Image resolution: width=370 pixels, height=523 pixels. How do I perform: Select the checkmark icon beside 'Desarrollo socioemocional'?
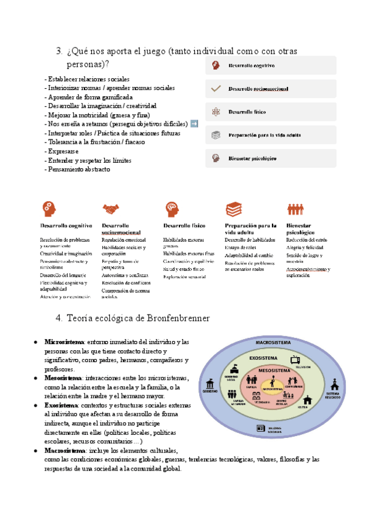[x=216, y=89]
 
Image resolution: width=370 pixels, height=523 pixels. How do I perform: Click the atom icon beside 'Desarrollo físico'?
[x=216, y=112]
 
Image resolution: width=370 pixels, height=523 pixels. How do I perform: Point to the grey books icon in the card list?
[x=216, y=135]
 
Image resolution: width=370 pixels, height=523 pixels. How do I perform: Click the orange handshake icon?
[x=111, y=209]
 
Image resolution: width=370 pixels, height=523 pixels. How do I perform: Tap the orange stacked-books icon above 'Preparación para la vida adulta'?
[x=233, y=209]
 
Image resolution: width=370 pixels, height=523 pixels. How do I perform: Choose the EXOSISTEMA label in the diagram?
[x=263, y=357]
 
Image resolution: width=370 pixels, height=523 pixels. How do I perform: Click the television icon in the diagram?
[x=296, y=359]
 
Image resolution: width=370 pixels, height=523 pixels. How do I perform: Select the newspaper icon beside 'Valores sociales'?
[x=260, y=428]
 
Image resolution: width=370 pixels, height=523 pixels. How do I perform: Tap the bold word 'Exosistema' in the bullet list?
[x=61, y=405]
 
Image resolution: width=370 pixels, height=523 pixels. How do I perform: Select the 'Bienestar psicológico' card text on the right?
[x=252, y=159]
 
